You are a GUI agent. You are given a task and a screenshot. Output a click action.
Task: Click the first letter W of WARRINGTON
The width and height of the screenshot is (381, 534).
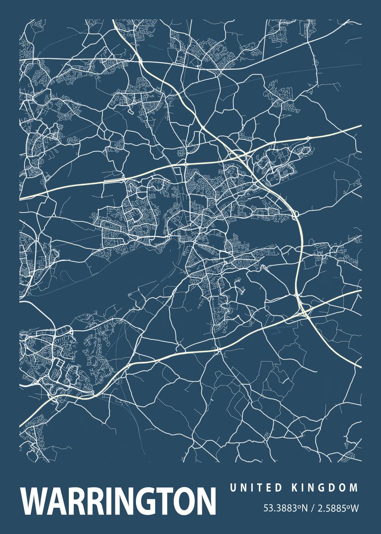point(34,501)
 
